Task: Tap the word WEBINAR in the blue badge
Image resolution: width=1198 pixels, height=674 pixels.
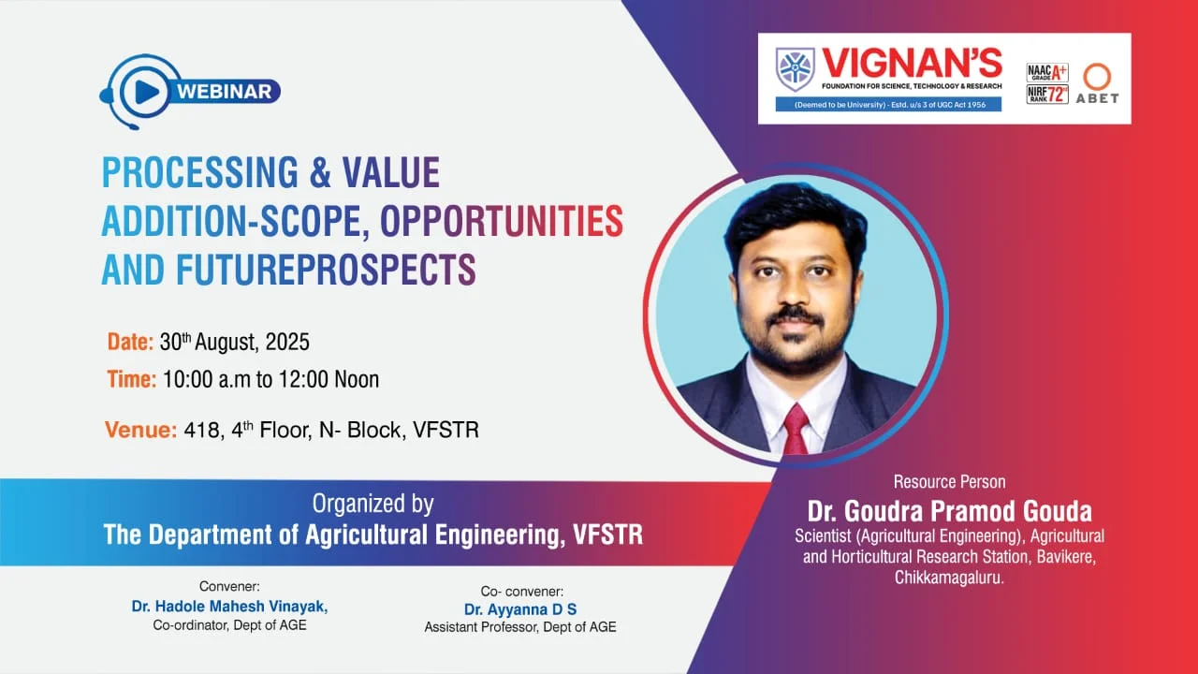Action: (x=224, y=92)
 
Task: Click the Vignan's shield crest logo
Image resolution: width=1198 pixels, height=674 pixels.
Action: (x=796, y=69)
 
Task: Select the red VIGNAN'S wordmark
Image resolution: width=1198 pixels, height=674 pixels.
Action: (x=912, y=63)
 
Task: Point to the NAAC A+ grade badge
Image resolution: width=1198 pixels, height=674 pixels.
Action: (x=1047, y=72)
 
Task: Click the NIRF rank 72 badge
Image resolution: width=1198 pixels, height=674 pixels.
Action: (x=1047, y=95)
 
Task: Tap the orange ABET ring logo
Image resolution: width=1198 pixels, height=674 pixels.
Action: (x=1098, y=77)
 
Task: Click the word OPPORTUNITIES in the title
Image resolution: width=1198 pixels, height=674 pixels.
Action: (x=502, y=221)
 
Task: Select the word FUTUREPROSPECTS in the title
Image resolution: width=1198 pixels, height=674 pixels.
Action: (x=326, y=270)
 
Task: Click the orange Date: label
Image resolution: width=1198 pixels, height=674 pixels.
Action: (x=130, y=343)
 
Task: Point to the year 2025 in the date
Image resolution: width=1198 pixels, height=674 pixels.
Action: (x=287, y=343)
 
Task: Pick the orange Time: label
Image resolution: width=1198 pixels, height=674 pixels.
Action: (x=132, y=379)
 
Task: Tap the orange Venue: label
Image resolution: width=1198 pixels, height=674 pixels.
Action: (x=140, y=430)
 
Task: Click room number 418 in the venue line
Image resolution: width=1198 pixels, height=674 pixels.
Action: (x=201, y=430)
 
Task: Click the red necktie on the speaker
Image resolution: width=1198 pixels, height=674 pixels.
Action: (x=796, y=430)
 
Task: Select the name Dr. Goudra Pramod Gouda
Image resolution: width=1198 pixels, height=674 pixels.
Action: (x=949, y=511)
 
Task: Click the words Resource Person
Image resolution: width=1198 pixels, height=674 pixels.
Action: (x=949, y=482)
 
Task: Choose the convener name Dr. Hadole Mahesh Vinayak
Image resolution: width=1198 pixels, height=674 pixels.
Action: (x=229, y=607)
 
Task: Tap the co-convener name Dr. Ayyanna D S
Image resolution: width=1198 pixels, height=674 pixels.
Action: (x=520, y=609)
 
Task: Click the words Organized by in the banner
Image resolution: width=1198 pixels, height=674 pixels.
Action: (x=373, y=504)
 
